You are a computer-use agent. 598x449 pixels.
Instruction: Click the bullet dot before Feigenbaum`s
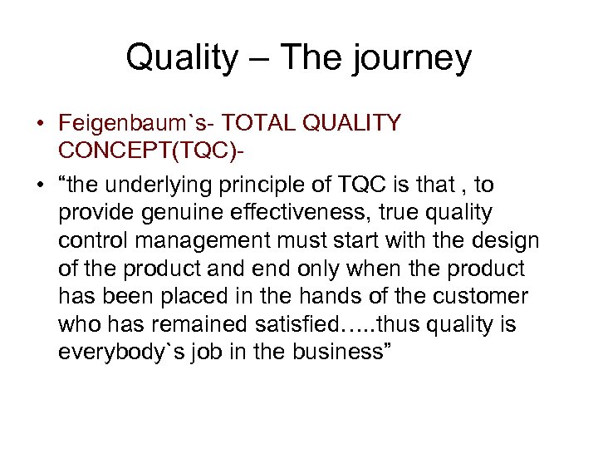click(x=40, y=125)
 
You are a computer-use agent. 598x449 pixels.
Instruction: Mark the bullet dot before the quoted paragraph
click(x=40, y=185)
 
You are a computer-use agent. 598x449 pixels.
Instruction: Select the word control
click(x=89, y=241)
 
